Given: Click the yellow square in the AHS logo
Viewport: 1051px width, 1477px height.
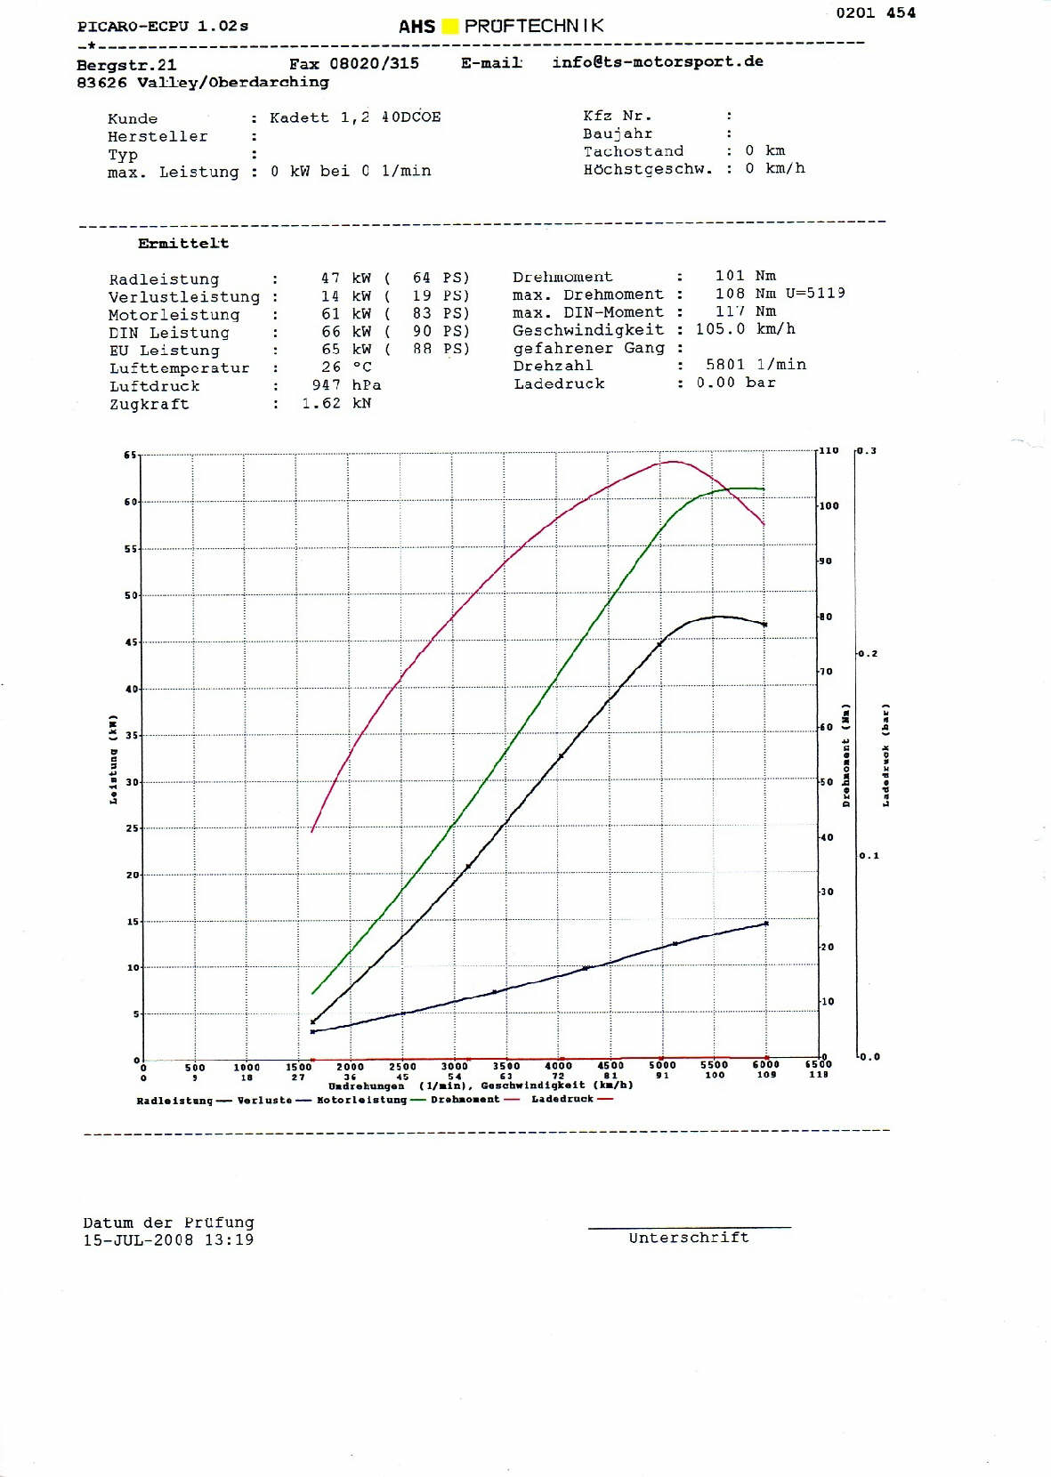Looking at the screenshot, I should (x=450, y=27).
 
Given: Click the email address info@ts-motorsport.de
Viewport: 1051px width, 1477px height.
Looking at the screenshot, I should (x=657, y=61).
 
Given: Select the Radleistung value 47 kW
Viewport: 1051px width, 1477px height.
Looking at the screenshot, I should (x=346, y=278).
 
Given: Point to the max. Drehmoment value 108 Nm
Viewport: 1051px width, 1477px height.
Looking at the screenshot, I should (x=745, y=294).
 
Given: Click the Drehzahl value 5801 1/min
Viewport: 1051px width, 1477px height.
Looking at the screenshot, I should (x=756, y=365).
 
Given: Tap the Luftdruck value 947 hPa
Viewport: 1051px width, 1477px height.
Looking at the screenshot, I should (x=346, y=385).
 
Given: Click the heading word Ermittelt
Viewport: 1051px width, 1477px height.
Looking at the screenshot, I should (x=183, y=243).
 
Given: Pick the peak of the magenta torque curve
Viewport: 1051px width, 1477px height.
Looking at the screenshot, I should (x=673, y=461).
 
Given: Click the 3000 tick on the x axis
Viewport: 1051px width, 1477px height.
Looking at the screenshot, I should (x=454, y=1066).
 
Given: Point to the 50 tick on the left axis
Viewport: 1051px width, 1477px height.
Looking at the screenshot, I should (x=131, y=595).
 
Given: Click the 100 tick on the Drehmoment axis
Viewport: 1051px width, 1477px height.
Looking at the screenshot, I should (x=829, y=506).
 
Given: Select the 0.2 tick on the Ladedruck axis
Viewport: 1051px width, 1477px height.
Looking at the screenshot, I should (x=867, y=654).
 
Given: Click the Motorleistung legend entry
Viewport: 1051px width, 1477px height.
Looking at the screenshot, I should (x=361, y=1100).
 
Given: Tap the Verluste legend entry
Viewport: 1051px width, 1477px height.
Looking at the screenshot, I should (x=264, y=1101).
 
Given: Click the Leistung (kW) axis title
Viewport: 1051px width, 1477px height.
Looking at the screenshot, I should (x=113, y=759).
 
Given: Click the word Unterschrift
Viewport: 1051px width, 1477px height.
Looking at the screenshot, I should (x=689, y=1238).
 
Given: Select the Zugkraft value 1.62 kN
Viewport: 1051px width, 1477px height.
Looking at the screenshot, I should (x=336, y=403).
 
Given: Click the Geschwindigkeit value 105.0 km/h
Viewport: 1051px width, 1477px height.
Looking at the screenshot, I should (x=745, y=329).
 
